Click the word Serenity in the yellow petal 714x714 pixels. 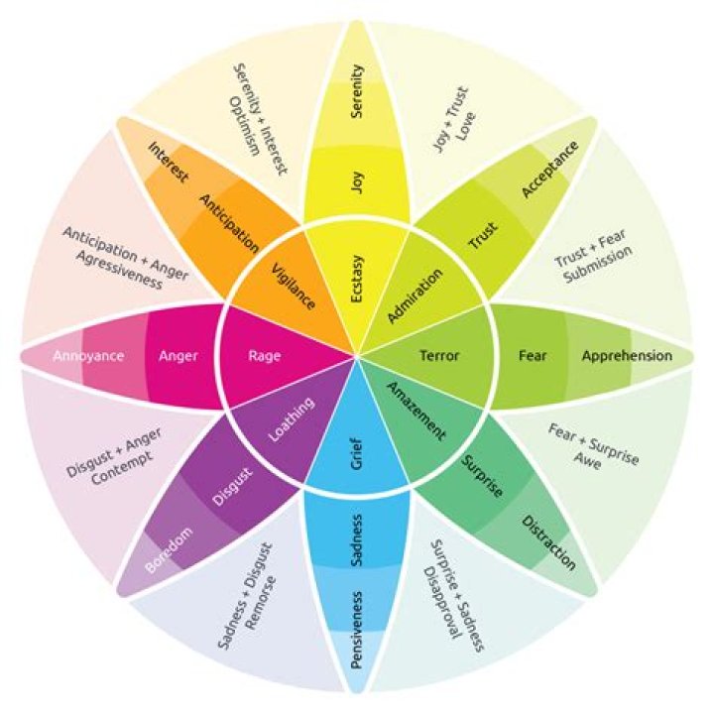click(x=357, y=92)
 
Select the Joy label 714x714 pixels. click(x=357, y=181)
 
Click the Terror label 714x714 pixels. click(x=439, y=355)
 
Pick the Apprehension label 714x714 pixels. click(x=627, y=355)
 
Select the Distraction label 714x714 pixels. click(x=548, y=542)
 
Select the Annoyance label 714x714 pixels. click(x=87, y=355)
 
